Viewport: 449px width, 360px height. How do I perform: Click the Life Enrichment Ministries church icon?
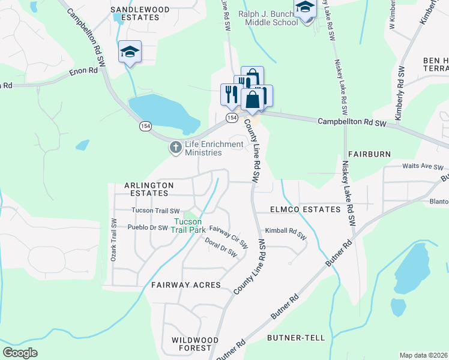pos(175,147)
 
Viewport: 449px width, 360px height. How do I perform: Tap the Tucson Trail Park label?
pos(188,225)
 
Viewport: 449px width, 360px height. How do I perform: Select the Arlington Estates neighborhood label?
pos(149,190)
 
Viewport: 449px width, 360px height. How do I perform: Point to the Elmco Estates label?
pos(306,209)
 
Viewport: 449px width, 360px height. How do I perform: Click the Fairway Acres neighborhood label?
pos(186,284)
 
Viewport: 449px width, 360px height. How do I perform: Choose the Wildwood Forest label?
pos(191,344)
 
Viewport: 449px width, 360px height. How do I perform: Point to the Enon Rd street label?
pos(83,71)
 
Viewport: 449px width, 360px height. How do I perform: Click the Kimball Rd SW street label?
pos(286,233)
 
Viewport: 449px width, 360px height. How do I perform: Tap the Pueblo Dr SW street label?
pos(148,227)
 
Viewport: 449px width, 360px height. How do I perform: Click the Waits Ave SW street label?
pos(423,167)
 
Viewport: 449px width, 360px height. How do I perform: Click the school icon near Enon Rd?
pos(130,52)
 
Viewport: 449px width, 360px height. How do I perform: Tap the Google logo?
pos(20,352)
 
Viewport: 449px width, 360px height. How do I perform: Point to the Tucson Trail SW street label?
pos(155,211)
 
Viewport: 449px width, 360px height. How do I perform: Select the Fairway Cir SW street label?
pos(228,237)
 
